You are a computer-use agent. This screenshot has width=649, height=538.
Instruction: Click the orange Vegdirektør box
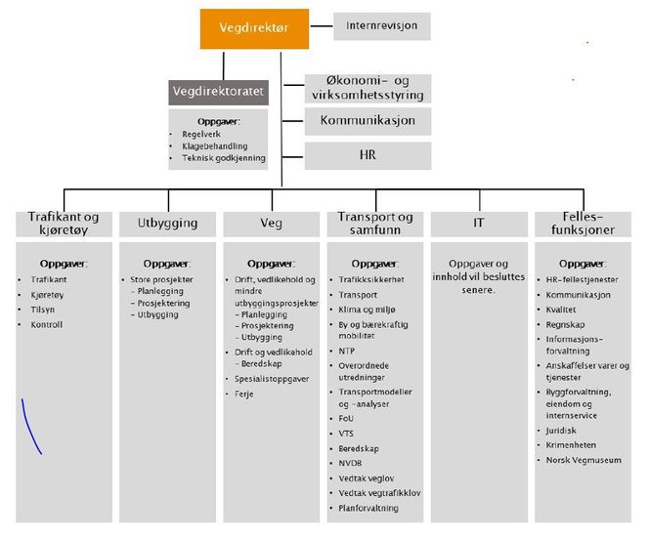(255, 28)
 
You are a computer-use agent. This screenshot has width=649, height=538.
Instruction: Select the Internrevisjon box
(382, 26)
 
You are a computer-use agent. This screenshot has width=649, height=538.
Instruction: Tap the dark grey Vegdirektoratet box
(218, 92)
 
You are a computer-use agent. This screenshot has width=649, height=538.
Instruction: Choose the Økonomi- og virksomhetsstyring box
(368, 89)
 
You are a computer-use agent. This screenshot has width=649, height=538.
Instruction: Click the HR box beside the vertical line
(368, 155)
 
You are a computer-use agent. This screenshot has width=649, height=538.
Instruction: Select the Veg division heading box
(270, 223)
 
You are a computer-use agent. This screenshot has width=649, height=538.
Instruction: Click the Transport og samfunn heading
(374, 223)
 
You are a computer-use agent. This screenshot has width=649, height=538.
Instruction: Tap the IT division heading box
(479, 223)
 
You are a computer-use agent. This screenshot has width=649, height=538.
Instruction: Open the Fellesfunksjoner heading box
(584, 223)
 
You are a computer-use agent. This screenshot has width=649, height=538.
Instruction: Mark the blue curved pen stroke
(30, 426)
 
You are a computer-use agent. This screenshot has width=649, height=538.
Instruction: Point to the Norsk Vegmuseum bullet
(584, 460)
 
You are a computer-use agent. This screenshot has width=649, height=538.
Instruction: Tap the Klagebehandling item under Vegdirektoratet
(214, 145)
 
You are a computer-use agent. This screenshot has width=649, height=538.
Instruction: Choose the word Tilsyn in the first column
(44, 310)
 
